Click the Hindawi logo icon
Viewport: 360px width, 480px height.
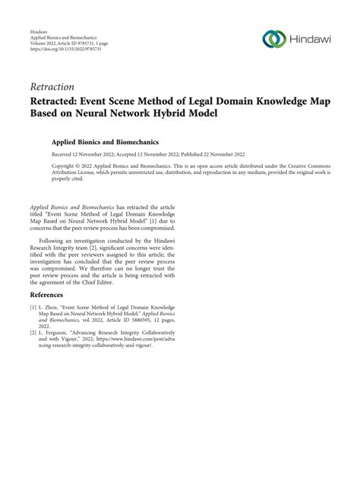273,39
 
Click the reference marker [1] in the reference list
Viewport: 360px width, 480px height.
33,308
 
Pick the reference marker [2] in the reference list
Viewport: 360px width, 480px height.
33,332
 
